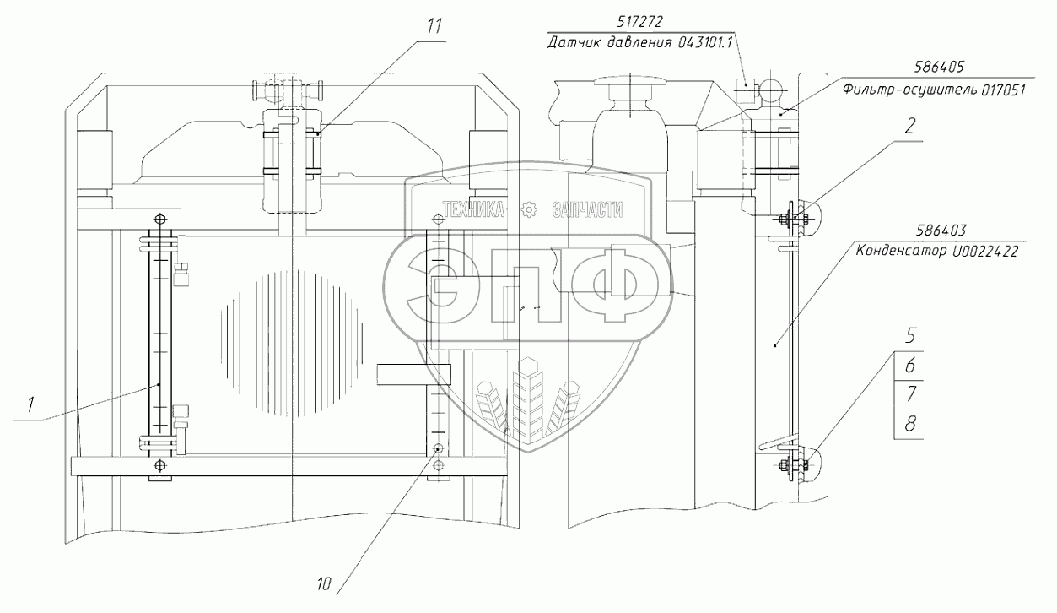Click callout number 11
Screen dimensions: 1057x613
point(434,27)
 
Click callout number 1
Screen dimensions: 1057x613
point(30,404)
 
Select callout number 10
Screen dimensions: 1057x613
point(324,584)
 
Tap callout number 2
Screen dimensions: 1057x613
point(909,126)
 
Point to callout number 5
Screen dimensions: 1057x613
point(910,336)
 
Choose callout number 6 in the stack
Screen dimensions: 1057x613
point(910,365)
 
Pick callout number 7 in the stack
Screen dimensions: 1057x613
point(910,393)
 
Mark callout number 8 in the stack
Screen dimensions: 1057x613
point(910,424)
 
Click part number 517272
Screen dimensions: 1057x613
point(640,22)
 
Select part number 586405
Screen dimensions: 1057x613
point(939,67)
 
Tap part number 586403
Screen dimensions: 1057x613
point(941,231)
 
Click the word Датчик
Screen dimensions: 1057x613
point(574,43)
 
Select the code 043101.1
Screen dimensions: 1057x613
point(705,43)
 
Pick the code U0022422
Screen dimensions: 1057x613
point(985,252)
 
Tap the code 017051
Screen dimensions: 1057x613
point(1003,90)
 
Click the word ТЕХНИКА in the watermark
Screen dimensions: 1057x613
point(472,209)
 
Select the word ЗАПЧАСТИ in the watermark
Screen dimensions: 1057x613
point(587,209)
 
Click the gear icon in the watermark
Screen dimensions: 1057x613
point(528,209)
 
